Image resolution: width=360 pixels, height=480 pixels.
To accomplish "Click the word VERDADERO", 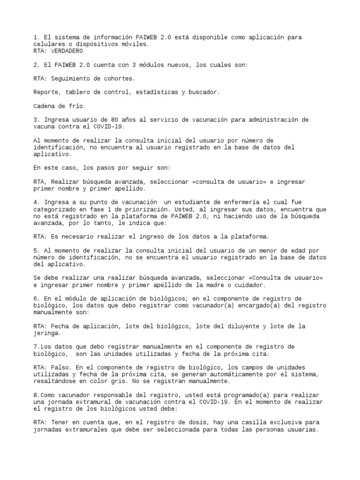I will [x=66, y=51].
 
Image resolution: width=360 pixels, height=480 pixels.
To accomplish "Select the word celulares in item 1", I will [x=50, y=44].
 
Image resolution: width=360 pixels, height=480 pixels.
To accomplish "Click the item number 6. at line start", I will [x=37, y=299].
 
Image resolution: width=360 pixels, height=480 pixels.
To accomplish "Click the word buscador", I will [x=203, y=92].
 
